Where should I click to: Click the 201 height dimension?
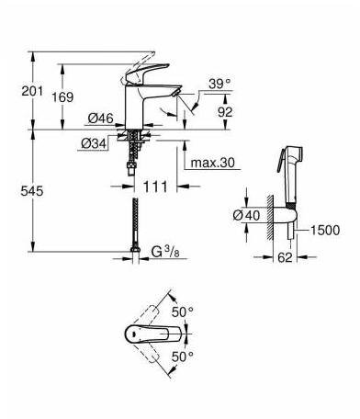click(x=32, y=91)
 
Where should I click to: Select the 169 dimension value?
click(x=62, y=97)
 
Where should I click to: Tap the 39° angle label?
click(x=219, y=84)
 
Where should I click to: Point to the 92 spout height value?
click(x=225, y=112)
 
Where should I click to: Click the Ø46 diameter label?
click(x=101, y=119)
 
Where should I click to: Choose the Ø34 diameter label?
click(x=94, y=143)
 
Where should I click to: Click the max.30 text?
click(x=213, y=163)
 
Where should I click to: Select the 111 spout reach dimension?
click(x=155, y=187)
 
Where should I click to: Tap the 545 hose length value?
click(x=32, y=191)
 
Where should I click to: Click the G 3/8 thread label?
click(x=165, y=252)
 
